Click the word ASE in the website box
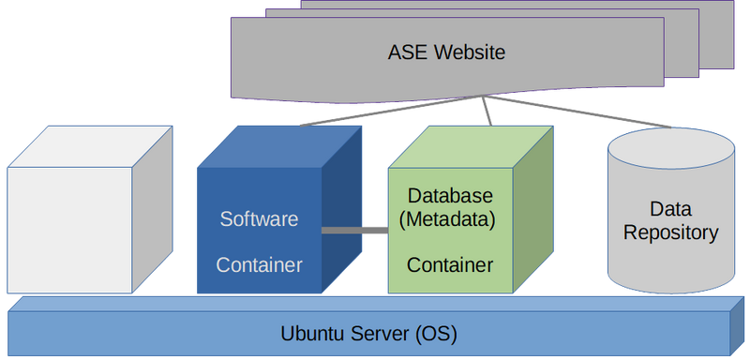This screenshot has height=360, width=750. point(406,52)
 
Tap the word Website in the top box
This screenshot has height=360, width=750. point(469,52)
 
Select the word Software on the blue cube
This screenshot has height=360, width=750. point(259,219)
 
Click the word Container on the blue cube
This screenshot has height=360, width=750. point(259,265)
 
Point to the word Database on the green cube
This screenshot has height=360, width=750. point(450,196)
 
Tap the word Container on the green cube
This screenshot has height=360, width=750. point(450,265)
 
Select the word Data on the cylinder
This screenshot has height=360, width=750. point(670,208)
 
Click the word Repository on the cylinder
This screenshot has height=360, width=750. point(670,232)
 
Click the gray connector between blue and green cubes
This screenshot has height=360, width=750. point(354,230)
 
